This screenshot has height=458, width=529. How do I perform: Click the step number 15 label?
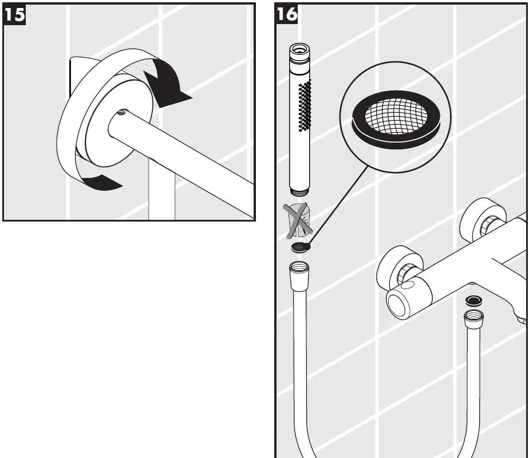14,14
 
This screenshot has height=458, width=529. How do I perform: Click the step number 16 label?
287,14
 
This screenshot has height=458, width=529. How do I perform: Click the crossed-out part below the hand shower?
298,220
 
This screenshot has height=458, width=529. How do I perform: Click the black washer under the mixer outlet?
473,299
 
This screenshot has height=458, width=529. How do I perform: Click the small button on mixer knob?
407,285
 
